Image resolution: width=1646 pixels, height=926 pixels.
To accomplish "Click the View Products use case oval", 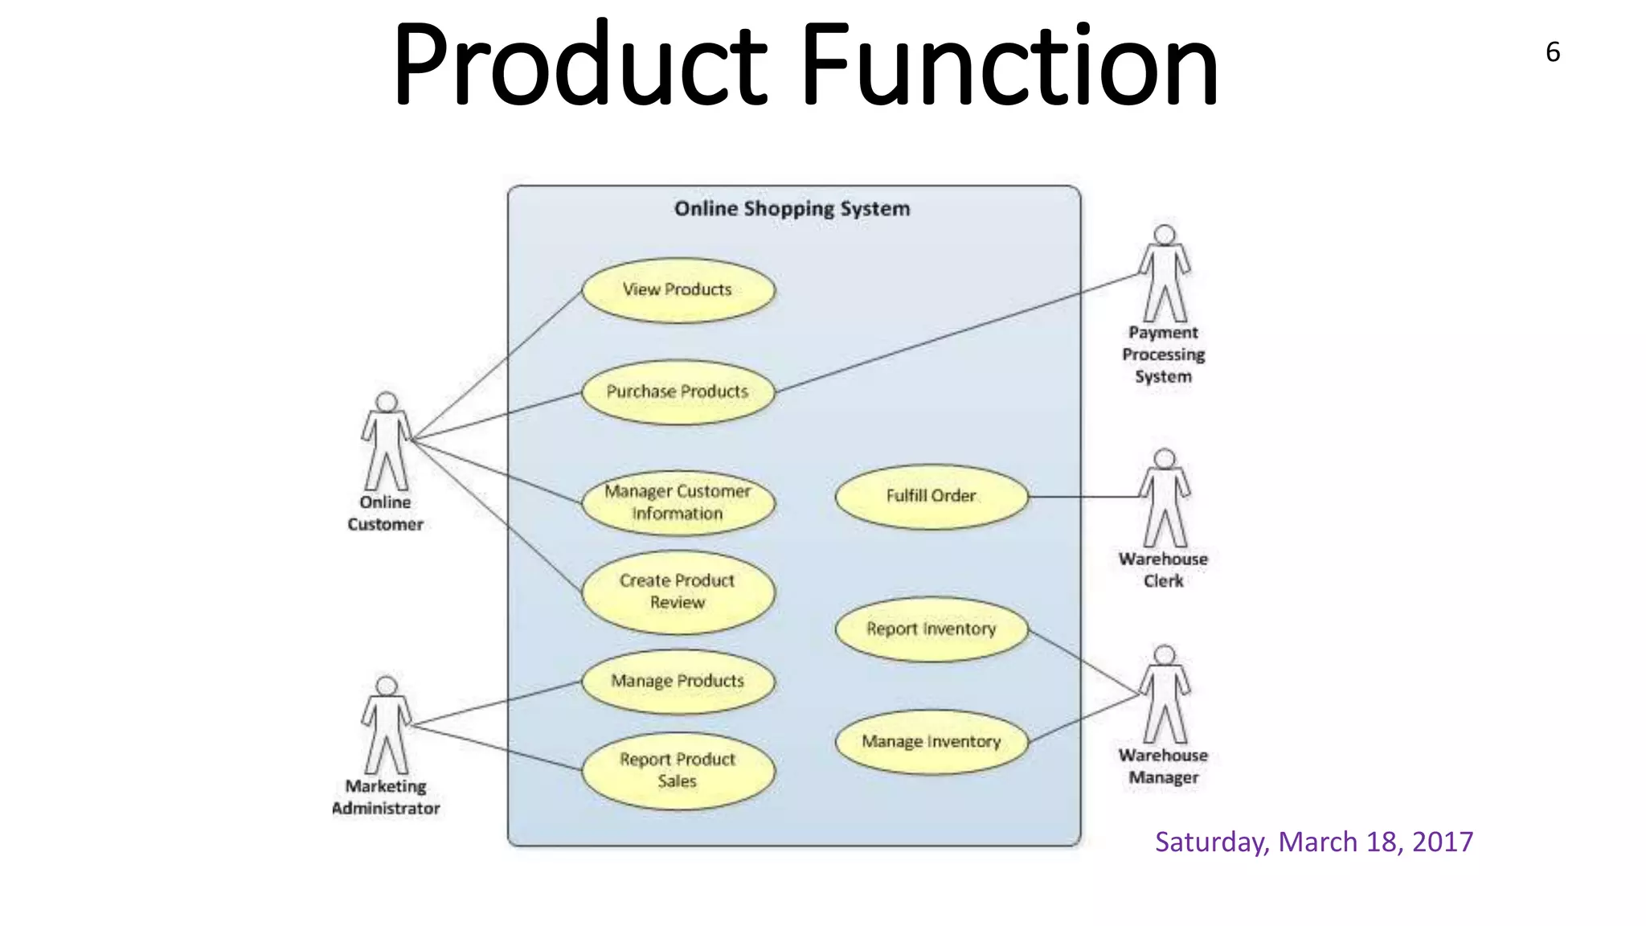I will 678,290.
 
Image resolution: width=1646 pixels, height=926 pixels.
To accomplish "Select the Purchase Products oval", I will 678,392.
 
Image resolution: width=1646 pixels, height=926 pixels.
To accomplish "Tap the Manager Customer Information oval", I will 678,502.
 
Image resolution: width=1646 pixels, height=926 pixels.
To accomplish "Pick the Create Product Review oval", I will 678,592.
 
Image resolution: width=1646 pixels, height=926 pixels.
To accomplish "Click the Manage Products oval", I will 678,682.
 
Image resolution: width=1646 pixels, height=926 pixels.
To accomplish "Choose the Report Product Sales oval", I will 678,770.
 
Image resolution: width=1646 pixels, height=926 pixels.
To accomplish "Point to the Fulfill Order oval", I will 932,496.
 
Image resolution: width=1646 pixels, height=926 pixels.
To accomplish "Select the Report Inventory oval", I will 932,629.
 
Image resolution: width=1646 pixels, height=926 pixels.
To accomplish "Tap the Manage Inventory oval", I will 932,742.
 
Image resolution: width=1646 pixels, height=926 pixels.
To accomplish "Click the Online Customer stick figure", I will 387,442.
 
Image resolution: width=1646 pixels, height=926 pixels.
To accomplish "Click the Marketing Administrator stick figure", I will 387,726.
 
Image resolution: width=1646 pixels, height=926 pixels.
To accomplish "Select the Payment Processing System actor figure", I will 1164,274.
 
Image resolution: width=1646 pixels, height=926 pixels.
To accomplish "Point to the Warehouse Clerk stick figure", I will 1164,498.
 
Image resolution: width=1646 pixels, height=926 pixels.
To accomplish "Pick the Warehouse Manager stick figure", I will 1164,694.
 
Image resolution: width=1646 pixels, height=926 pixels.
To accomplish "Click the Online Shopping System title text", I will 792,209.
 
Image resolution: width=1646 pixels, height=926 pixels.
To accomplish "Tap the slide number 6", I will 1553,52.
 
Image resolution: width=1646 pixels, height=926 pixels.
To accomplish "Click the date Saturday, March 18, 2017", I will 1313,842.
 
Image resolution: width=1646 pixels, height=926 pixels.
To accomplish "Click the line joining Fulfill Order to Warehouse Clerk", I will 1083,497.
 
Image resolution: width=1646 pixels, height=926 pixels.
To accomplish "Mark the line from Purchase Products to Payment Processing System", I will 956,333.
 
